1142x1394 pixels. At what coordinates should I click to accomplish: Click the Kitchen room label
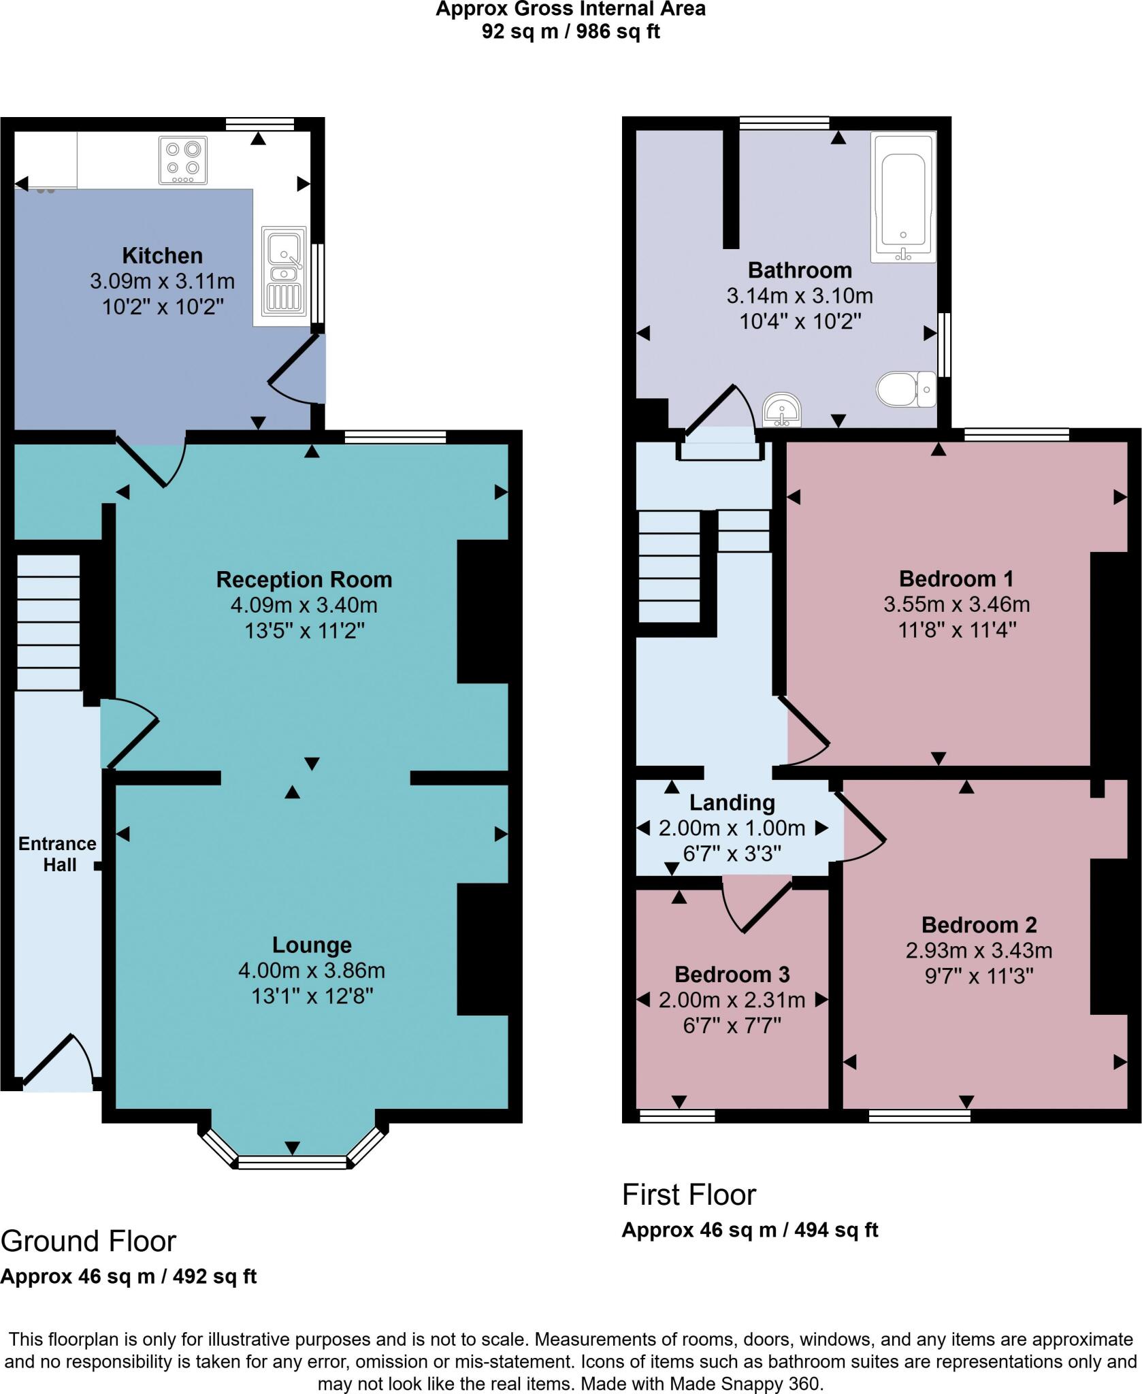(x=162, y=256)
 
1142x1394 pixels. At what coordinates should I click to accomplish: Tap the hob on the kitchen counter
(x=183, y=160)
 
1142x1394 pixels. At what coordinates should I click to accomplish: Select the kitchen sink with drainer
(x=282, y=271)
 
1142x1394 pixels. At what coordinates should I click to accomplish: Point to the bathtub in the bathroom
(x=902, y=197)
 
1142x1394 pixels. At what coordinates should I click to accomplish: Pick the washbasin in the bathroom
(x=783, y=410)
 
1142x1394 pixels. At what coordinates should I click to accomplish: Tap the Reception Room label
(x=304, y=580)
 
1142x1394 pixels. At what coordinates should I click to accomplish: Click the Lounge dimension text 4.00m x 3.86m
(x=312, y=971)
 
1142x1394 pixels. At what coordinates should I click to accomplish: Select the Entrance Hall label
(x=58, y=854)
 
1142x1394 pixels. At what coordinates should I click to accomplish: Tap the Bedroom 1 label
(x=956, y=579)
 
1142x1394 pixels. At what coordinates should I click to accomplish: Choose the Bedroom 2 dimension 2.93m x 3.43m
(x=979, y=951)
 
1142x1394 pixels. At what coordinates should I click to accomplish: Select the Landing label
(x=732, y=803)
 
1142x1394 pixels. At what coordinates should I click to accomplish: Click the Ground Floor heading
(x=88, y=1242)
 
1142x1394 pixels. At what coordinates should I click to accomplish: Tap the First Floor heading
(x=689, y=1195)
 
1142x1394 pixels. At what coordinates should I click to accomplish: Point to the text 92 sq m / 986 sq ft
(x=571, y=31)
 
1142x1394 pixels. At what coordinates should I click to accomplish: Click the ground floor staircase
(x=48, y=623)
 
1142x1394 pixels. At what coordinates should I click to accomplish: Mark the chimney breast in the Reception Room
(x=483, y=611)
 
